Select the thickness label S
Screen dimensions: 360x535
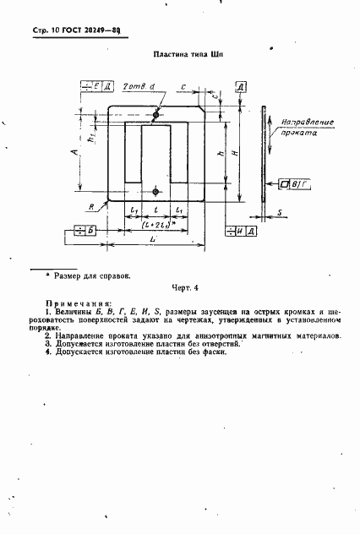(279, 214)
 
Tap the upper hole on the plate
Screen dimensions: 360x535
(155, 107)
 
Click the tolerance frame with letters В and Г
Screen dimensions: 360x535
(294, 183)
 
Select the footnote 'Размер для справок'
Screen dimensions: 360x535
(93, 275)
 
